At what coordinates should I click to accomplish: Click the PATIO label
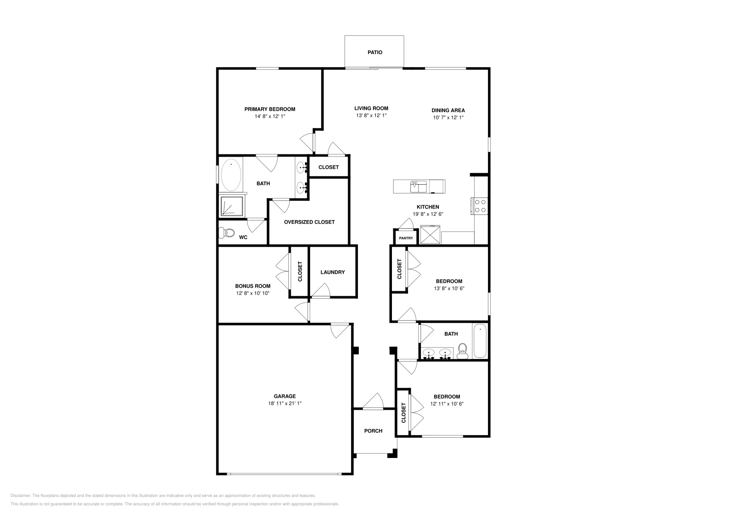(x=374, y=52)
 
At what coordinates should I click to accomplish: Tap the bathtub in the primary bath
(x=231, y=175)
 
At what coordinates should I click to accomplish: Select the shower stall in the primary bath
(x=232, y=206)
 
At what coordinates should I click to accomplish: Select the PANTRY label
(x=406, y=238)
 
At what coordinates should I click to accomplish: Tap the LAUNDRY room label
(x=332, y=272)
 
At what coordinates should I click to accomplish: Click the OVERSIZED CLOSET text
(x=309, y=222)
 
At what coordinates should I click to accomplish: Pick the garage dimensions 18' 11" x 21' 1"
(x=285, y=403)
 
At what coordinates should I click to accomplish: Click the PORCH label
(x=373, y=431)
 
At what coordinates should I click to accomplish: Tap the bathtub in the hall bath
(x=480, y=341)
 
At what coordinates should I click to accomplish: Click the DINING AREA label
(x=448, y=110)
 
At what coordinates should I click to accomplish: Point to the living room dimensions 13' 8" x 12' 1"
(x=371, y=116)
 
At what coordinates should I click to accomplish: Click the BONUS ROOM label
(x=253, y=286)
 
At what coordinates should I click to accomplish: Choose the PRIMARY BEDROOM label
(x=270, y=109)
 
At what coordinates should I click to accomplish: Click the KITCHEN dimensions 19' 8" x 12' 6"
(x=427, y=214)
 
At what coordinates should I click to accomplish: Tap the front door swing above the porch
(x=374, y=401)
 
